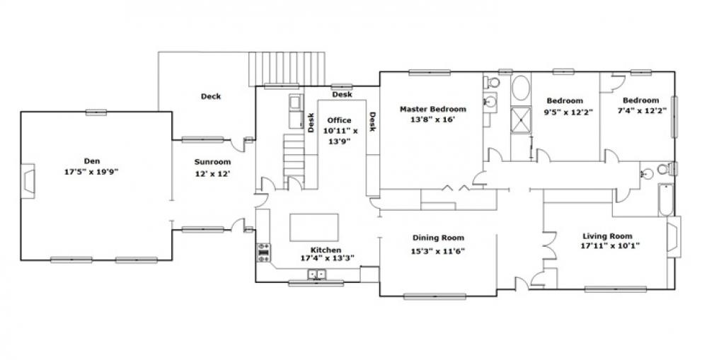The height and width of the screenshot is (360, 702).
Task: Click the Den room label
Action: coord(92,161)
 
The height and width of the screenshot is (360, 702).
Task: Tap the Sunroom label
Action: coord(213,162)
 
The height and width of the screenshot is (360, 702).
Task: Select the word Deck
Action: coord(210,96)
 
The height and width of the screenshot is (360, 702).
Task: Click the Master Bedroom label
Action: coord(433,109)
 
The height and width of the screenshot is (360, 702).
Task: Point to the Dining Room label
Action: coord(438,238)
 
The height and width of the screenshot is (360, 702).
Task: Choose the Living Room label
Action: coord(608,236)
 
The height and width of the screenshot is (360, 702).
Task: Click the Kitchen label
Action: coord(326,250)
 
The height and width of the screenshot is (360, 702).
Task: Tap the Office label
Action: coord(339,120)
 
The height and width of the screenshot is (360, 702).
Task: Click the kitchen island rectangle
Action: coord(313,228)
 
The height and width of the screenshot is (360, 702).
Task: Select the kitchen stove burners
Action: coord(263,252)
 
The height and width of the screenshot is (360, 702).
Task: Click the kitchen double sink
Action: coord(316,274)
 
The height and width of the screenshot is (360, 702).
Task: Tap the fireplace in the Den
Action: coord(28,181)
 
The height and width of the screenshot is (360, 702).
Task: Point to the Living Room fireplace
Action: coord(674,237)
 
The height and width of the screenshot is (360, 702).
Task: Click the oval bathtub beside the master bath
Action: coord(521,88)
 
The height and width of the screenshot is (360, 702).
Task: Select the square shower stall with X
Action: coord(521,120)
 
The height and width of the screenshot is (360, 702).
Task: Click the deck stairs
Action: coord(287,69)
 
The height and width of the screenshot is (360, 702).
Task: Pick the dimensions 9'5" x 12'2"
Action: coord(568,112)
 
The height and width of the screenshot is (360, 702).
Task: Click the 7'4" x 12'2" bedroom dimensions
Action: coord(641,112)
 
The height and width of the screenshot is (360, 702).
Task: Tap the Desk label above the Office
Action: coord(342,94)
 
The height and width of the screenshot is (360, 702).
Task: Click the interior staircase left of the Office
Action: coord(294,158)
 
